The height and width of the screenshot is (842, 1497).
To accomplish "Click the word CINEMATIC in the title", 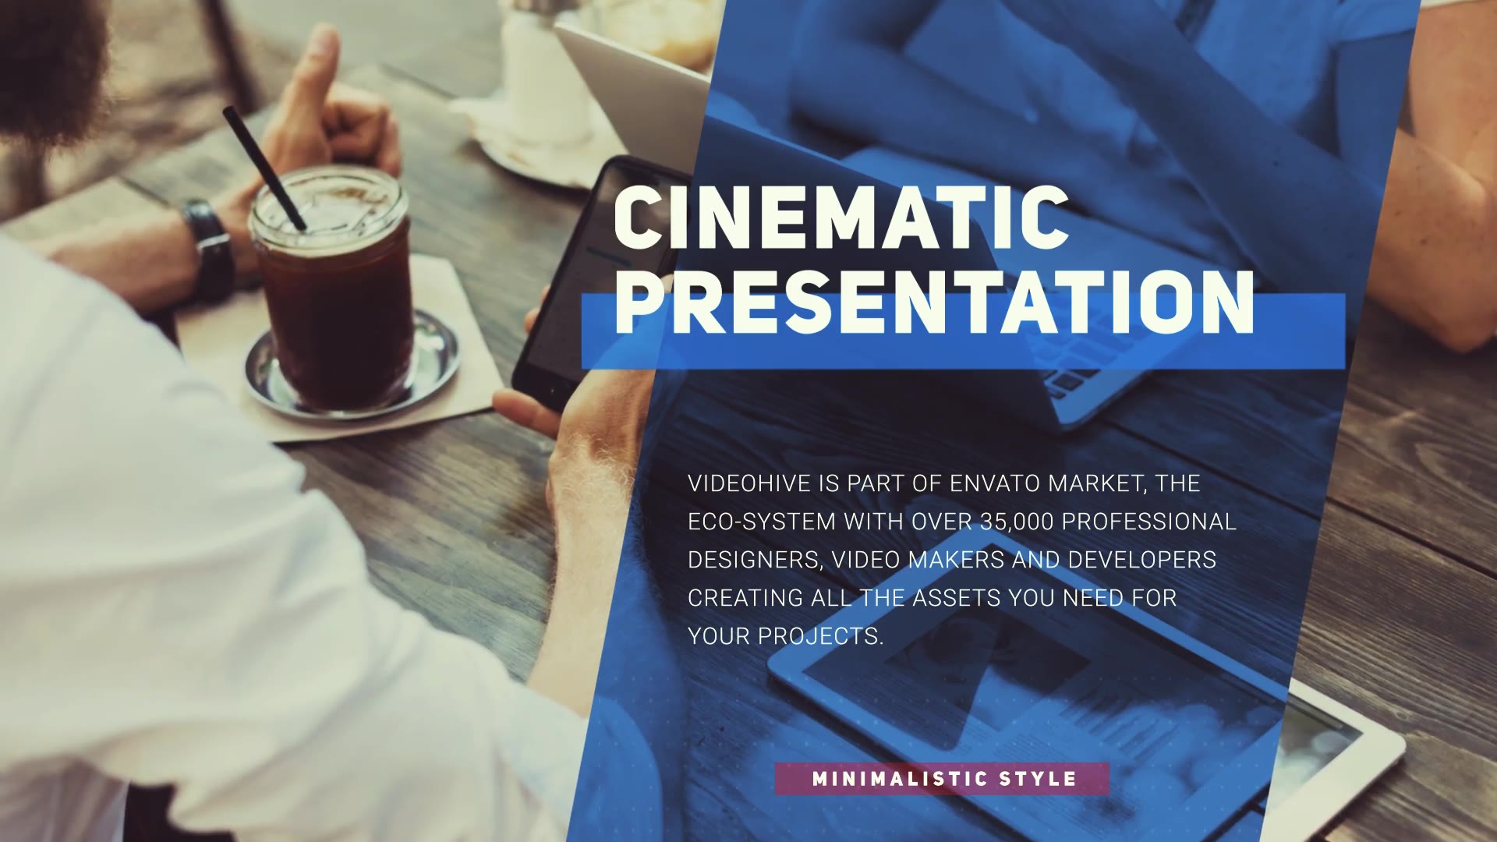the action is [x=841, y=214].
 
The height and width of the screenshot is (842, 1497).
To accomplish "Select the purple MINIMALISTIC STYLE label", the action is [x=942, y=779].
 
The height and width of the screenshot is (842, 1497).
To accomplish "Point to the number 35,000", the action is [x=1017, y=522].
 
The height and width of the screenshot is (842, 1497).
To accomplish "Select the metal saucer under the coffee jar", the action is [x=352, y=362].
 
